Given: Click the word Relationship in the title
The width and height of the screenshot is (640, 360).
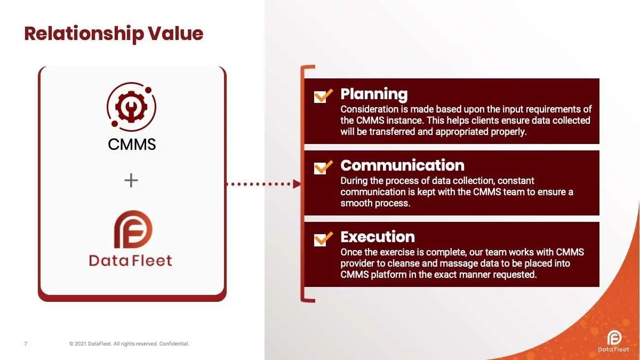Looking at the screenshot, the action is pos(84,34).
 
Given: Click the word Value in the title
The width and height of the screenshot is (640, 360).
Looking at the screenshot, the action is pos(175,34).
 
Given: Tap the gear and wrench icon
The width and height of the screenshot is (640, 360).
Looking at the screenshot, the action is pos(131,107).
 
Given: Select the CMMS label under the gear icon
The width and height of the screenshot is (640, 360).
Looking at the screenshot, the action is pos(132,145).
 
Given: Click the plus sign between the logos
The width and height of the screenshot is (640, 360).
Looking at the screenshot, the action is pos(131,180).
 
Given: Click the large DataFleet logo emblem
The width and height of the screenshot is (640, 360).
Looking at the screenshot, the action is pos(133,229).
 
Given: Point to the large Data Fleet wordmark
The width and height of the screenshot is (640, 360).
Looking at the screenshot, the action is pos(131,261).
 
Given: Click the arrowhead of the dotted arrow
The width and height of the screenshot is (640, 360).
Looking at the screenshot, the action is pos(297,184).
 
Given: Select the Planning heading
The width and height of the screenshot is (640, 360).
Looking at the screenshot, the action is pos(374,94).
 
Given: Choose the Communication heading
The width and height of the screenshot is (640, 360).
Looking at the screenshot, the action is pos(402,165).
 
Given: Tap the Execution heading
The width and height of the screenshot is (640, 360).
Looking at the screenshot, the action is pos(378,237).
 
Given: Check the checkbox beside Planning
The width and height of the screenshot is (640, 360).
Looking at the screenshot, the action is pos(323,95).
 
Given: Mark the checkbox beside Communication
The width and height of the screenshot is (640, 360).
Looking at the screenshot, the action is pos(323,167).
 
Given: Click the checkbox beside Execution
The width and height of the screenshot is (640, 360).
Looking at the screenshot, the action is pos(323,239).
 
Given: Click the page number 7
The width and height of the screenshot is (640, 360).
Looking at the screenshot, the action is pos(26,343).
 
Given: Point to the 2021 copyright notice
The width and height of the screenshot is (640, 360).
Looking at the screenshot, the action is pos(129,343).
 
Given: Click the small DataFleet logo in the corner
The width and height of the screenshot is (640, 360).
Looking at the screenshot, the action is pos(613,341).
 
